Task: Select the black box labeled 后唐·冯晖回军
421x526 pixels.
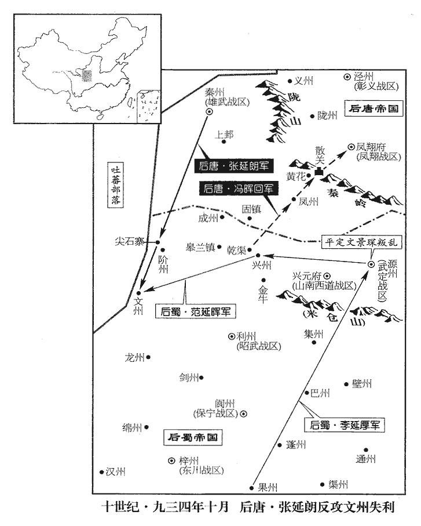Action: click(239, 188)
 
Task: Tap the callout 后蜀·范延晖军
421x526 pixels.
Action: click(194, 311)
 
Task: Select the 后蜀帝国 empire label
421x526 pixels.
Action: click(190, 437)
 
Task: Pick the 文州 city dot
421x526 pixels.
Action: click(138, 293)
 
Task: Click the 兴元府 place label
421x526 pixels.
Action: click(307, 276)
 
